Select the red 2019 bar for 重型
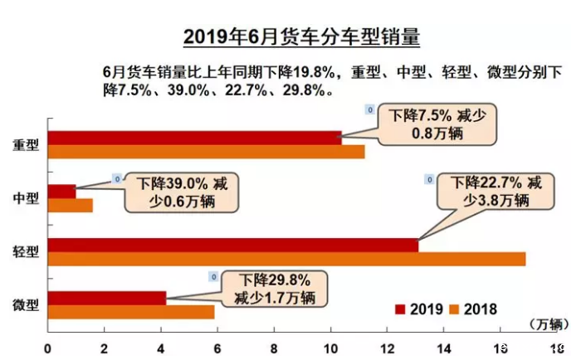click(194, 138)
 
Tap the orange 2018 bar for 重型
click(206, 151)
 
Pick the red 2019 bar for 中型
click(61, 192)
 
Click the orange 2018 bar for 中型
click(70, 205)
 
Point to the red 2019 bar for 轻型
click(232, 246)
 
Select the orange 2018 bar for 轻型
click(286, 259)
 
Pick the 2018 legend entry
click(473, 309)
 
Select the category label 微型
click(26, 305)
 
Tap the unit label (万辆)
click(543, 324)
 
